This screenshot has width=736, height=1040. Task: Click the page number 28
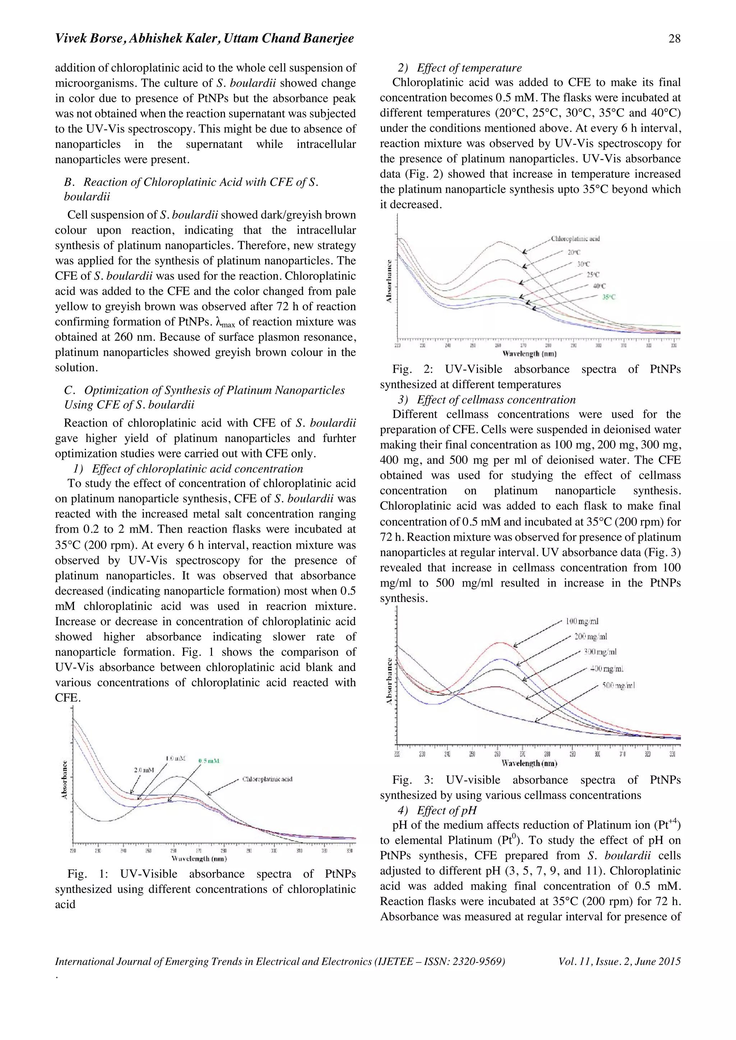pos(674,38)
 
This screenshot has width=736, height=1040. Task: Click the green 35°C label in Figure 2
pos(608,297)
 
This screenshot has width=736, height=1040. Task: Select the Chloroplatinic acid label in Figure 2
pos(575,239)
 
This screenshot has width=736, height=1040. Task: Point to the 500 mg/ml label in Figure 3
pos(618,685)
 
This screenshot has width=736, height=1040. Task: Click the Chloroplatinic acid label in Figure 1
pos(267,779)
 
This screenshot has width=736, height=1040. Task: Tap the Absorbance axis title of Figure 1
pos(65,779)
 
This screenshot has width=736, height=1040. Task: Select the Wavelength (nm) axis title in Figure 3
pos(529,764)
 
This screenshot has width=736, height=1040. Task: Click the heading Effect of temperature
pos(469,68)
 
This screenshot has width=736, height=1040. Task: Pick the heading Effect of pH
pos(446,810)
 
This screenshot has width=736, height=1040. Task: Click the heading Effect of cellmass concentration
pos(496,400)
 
